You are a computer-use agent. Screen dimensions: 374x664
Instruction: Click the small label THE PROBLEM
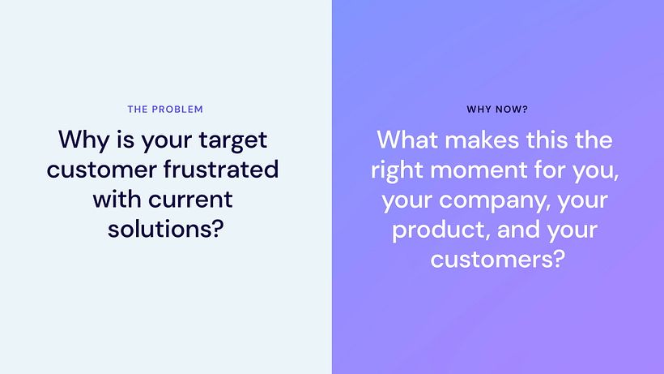click(165, 109)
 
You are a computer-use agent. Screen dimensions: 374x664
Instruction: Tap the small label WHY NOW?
click(497, 109)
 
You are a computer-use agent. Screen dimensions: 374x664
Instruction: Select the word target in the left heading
click(233, 140)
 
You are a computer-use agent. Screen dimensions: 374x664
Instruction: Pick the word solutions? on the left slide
click(165, 229)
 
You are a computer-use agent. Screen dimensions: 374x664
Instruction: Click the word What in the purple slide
click(408, 140)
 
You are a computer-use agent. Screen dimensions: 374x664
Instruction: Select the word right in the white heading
click(398, 170)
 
